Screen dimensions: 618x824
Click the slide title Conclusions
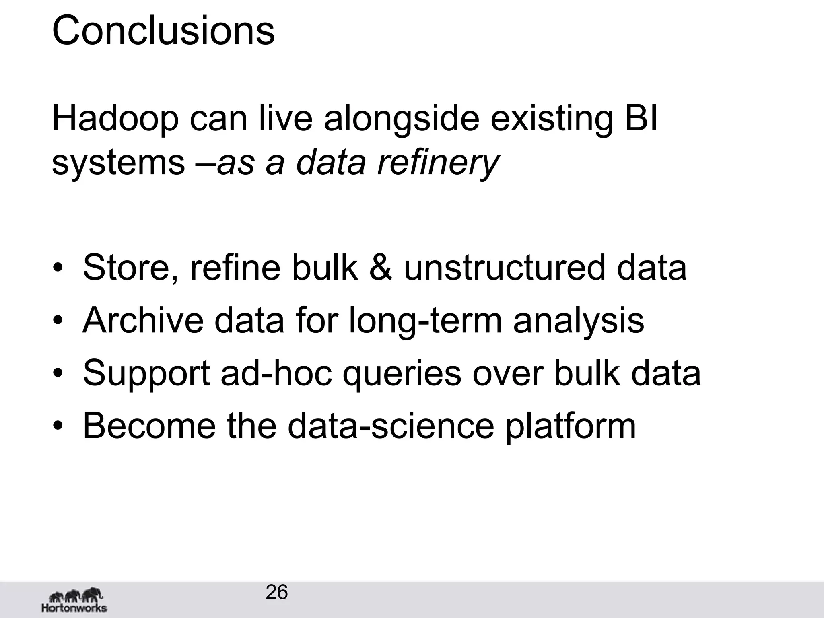(x=163, y=31)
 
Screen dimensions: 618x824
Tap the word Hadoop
(x=115, y=119)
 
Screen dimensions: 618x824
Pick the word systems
(x=118, y=163)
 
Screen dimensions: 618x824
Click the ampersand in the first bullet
(x=380, y=267)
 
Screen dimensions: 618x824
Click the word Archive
(x=143, y=320)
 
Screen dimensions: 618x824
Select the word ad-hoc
(x=276, y=373)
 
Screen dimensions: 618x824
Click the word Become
(x=149, y=425)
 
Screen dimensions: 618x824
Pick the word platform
(x=571, y=426)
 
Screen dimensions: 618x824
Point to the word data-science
(x=391, y=425)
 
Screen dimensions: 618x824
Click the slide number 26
(x=277, y=592)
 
